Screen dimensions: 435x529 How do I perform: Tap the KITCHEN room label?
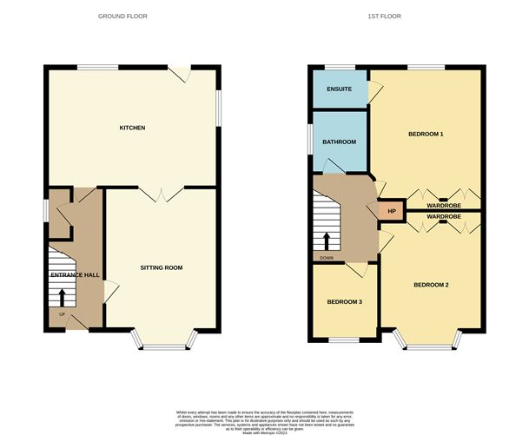(x=132, y=129)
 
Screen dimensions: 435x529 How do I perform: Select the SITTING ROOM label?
(x=161, y=267)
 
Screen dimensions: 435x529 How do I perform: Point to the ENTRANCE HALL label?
(x=76, y=275)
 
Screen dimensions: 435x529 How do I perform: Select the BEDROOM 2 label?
(x=431, y=285)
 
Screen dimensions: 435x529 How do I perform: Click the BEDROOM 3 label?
(x=345, y=302)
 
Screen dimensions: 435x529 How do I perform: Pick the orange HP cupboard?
(x=391, y=210)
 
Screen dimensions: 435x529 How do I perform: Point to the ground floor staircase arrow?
(x=62, y=297)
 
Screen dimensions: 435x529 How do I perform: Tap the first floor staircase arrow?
(x=327, y=240)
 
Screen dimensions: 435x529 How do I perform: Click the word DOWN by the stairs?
(x=327, y=257)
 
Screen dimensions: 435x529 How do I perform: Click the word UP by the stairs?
(x=62, y=313)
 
